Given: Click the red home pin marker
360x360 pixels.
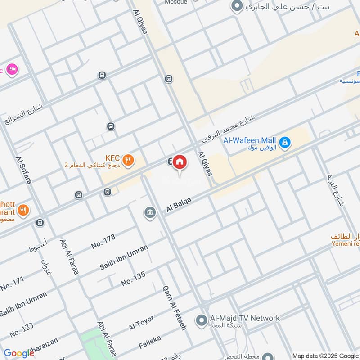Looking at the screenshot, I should click(180, 162).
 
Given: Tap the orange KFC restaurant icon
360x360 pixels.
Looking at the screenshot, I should click(128, 160).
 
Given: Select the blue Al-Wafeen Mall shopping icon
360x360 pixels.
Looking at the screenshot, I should click(284, 143).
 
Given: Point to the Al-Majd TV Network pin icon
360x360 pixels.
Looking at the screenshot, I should click(201, 321).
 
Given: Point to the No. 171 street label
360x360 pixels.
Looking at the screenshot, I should click(12, 284).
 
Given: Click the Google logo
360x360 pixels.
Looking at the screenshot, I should click(19, 353).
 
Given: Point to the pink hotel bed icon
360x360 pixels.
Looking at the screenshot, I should click(13, 69).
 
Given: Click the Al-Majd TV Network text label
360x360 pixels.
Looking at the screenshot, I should click(245, 318).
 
